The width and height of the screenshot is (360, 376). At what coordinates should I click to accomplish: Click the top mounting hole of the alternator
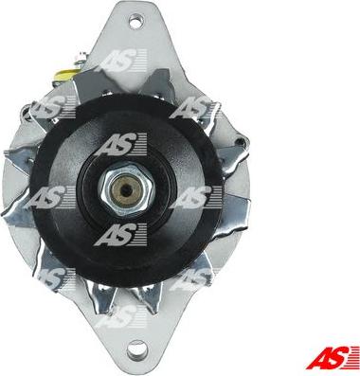[136, 21]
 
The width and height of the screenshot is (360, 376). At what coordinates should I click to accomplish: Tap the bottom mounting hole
[137, 350]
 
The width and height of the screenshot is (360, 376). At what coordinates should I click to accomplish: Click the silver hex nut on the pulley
[127, 189]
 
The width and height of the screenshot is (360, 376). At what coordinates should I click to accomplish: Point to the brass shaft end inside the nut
[127, 189]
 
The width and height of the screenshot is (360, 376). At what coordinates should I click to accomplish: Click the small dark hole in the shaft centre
[127, 189]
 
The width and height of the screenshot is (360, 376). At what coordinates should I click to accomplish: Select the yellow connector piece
[63, 75]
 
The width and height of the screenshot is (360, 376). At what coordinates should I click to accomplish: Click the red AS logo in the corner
[333, 357]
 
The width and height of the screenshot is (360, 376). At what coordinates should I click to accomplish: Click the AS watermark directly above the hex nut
[121, 144]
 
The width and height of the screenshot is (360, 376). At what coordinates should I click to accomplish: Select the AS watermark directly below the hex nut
[121, 235]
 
